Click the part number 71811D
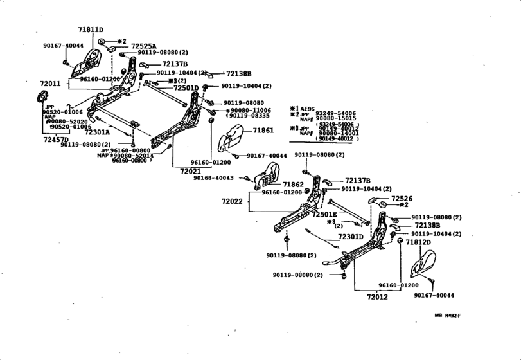coord(91,30)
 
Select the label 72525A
coord(145,46)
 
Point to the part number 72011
coord(50,84)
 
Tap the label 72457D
coord(56,139)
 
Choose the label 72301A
coord(97,132)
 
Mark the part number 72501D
coord(186,87)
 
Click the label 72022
coord(232,201)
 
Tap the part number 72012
coord(378,297)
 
